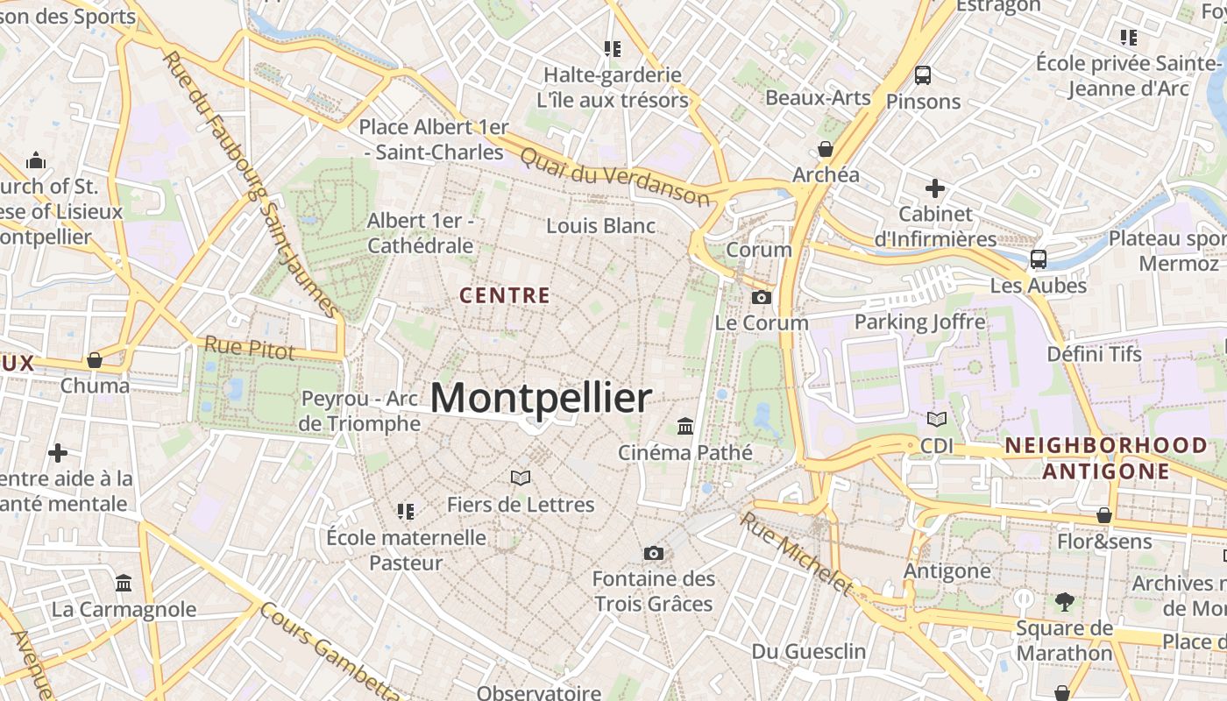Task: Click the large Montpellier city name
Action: coord(541,399)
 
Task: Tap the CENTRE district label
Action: coord(505,296)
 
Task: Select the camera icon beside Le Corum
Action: coord(762,298)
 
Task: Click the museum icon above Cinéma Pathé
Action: coord(685,427)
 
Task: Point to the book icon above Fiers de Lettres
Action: coord(521,478)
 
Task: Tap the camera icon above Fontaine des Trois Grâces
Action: coord(653,553)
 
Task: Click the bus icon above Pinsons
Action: coord(923,75)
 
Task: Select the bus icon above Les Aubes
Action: coord(1039,259)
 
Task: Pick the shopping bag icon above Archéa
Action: coord(826,148)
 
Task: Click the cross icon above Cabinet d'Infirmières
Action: coord(935,188)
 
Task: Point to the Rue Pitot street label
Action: coord(250,348)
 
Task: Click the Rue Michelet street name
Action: coord(796,553)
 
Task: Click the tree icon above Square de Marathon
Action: coord(1065,602)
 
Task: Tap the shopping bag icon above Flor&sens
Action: coord(1104,515)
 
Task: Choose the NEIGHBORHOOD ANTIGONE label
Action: coord(1106,458)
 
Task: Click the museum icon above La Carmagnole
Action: coord(124,583)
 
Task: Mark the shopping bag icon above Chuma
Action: coord(95,360)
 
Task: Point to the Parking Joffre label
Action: coord(919,322)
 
